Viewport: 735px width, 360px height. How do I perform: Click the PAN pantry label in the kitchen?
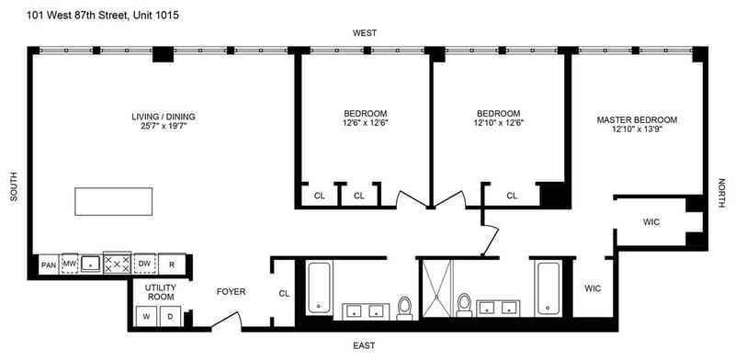point(49,264)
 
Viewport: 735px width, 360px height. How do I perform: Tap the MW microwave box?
point(70,264)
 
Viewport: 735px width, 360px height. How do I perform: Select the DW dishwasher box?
point(144,264)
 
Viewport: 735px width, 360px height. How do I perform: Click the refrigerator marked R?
point(172,264)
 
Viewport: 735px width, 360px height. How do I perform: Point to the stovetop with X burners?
point(118,264)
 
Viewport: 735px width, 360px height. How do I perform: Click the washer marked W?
point(146,317)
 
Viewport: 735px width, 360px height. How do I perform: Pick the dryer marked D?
point(171,317)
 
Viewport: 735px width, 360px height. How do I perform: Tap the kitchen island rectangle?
point(113,201)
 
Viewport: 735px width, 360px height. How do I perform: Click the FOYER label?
point(231,292)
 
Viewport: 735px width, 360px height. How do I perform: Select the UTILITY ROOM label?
point(160,292)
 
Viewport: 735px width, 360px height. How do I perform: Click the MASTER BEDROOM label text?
point(637,120)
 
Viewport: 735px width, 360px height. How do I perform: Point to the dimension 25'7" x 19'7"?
point(164,126)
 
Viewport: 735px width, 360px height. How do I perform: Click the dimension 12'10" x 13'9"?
point(637,129)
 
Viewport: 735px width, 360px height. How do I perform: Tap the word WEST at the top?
point(365,33)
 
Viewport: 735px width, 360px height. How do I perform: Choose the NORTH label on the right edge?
point(721,193)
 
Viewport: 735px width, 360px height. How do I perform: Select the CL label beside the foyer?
point(284,294)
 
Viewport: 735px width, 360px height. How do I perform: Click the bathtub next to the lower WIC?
point(548,288)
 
